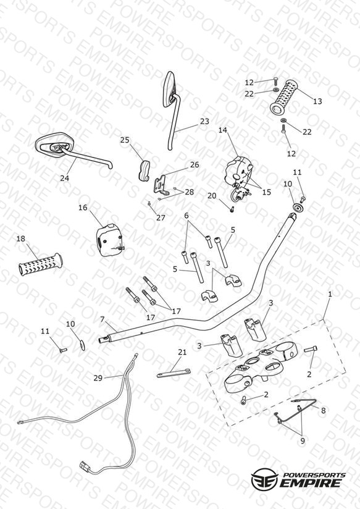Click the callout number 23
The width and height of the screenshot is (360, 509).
pyautogui.click(x=204, y=122)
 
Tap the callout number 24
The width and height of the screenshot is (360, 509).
pyautogui.click(x=65, y=178)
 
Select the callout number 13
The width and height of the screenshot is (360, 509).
pyautogui.click(x=317, y=101)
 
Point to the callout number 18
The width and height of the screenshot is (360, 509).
pyautogui.click(x=21, y=239)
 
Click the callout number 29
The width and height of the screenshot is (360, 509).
pyautogui.click(x=98, y=378)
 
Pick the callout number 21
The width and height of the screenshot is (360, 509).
pyautogui.click(x=182, y=352)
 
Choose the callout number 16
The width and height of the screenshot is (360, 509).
pyautogui.click(x=83, y=208)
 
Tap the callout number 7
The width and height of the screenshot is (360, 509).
pyautogui.click(x=103, y=319)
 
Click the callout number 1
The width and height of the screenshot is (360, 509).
pyautogui.click(x=330, y=295)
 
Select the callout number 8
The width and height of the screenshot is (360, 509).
pyautogui.click(x=324, y=411)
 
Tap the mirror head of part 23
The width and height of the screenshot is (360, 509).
pyautogui.click(x=169, y=89)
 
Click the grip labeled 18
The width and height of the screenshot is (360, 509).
pyautogui.click(x=41, y=264)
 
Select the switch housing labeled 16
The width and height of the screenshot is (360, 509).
pyautogui.click(x=109, y=240)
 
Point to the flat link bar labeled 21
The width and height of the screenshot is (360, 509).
pyautogui.click(x=174, y=373)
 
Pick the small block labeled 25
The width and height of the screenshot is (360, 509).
pyautogui.click(x=143, y=170)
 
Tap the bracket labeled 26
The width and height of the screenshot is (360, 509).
pyautogui.click(x=161, y=186)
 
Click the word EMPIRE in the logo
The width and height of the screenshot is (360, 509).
pyautogui.click(x=311, y=482)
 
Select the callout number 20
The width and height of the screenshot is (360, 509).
pyautogui.click(x=212, y=196)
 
